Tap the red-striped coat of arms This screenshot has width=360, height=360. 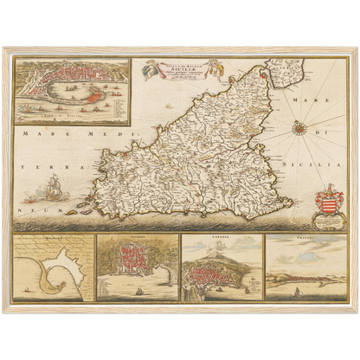(329, 207)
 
